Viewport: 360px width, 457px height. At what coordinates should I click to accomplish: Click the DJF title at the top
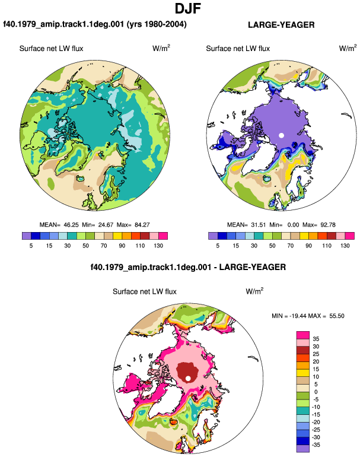pos(188,8)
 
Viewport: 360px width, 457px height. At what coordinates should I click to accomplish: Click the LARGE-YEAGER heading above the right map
pos(281,25)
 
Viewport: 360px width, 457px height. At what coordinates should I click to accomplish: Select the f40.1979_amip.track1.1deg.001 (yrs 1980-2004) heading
pos(95,24)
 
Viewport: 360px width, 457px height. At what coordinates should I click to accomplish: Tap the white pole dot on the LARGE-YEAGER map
pos(281,135)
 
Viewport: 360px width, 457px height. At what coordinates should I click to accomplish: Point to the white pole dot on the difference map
pos(188,378)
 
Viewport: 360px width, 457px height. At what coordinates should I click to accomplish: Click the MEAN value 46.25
pos(71,225)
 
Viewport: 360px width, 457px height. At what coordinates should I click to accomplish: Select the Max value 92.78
pos(327,225)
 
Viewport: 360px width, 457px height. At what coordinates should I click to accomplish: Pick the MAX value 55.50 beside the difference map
pos(337,316)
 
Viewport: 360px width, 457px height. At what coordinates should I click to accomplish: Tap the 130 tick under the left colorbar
pos(158,246)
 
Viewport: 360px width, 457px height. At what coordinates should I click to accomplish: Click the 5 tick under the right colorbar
pos(218,246)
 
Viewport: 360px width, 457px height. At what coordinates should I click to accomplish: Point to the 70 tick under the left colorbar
pos(104,246)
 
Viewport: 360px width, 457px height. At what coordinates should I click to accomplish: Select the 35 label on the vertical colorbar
pos(316,339)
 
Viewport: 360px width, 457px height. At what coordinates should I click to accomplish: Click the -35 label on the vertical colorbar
pos(315,445)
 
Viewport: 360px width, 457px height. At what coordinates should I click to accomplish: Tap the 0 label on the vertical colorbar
pos(316,392)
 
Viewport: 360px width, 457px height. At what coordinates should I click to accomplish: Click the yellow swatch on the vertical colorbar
pos(303,373)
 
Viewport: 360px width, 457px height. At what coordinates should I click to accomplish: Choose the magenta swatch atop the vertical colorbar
pos(303,335)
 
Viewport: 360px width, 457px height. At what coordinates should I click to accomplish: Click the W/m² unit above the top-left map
pos(161,48)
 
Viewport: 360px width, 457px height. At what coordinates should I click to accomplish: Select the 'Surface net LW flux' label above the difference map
pos(145,291)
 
